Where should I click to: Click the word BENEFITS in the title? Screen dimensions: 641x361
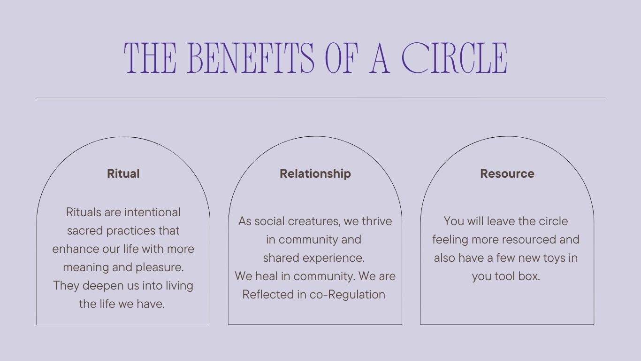pyautogui.click(x=251, y=58)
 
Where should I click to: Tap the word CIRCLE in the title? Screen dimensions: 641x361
pyautogui.click(x=455, y=58)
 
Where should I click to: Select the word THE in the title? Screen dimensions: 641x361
pyautogui.click(x=150, y=58)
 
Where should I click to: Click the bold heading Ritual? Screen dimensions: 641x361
pyautogui.click(x=123, y=173)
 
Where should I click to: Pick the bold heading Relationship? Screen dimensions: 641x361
pyautogui.click(x=315, y=174)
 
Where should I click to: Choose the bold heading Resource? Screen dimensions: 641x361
pyautogui.click(x=507, y=173)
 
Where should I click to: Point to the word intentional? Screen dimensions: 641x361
pyautogui.click(x=152, y=212)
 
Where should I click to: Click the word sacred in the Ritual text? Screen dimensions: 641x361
pyautogui.click(x=85, y=231)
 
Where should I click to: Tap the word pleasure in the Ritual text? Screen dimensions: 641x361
pyautogui.click(x=160, y=267)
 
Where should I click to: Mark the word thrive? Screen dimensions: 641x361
pyautogui.click(x=377, y=221)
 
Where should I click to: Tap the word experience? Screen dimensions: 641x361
pyautogui.click(x=334, y=259)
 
